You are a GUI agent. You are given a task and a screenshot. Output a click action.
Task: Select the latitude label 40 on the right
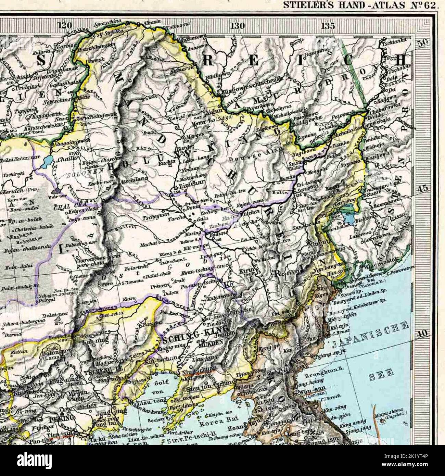point(423,333)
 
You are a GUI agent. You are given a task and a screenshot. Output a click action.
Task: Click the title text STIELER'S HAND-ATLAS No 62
point(359,5)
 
